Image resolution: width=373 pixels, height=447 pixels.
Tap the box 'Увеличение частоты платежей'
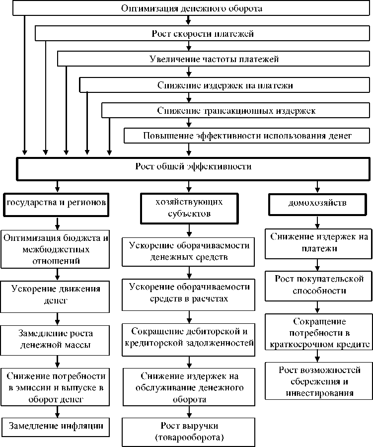click(x=214, y=59)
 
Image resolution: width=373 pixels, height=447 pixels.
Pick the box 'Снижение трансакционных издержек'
click(x=235, y=110)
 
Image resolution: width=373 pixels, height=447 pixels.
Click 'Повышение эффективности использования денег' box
click(x=247, y=135)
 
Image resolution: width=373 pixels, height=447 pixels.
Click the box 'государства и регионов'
click(x=57, y=203)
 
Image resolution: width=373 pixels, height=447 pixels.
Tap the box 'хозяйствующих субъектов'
click(x=188, y=208)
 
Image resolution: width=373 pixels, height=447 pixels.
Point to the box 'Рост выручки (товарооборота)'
click(x=189, y=431)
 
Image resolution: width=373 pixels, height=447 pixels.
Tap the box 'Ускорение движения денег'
click(x=57, y=295)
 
